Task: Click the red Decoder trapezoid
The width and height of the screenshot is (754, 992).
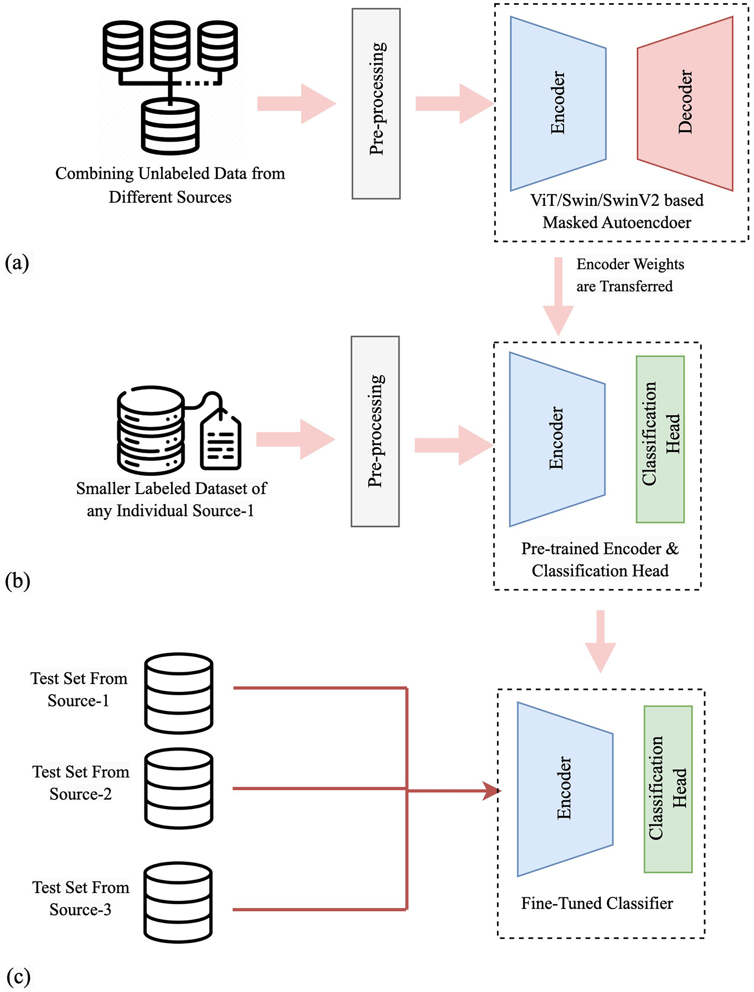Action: click(x=685, y=103)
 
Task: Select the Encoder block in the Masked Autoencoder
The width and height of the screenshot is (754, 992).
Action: click(x=558, y=103)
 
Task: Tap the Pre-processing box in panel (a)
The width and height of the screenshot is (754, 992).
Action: click(x=376, y=104)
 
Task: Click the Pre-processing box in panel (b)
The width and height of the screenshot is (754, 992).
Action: click(x=375, y=431)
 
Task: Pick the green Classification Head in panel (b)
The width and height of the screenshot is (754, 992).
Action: click(x=660, y=439)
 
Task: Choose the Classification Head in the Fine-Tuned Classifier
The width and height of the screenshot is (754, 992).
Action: click(x=668, y=789)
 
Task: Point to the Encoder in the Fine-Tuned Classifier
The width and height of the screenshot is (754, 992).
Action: click(x=565, y=789)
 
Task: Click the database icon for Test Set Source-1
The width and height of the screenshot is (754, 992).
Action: click(x=179, y=693)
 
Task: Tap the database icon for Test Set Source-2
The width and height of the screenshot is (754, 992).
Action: click(x=179, y=788)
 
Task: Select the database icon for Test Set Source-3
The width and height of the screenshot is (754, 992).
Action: click(x=178, y=902)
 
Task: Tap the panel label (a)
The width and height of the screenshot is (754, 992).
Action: click(x=17, y=263)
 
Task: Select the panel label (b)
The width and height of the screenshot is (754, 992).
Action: click(x=18, y=580)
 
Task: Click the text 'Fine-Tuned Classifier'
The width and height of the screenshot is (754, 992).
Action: click(x=597, y=903)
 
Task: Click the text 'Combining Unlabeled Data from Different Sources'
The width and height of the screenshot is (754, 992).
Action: click(x=170, y=185)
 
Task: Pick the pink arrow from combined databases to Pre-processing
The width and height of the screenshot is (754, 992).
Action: click(x=296, y=104)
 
